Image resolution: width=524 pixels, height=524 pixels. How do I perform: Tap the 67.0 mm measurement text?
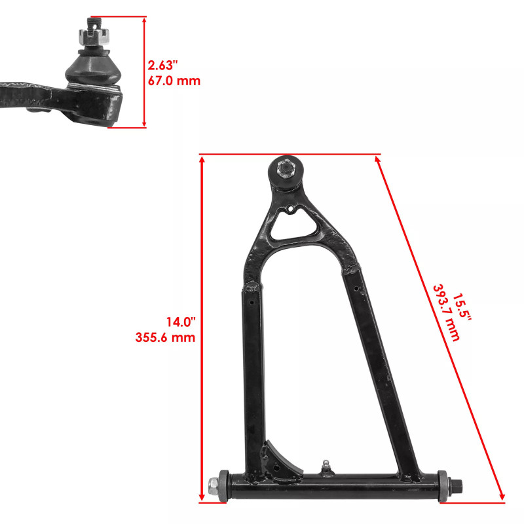tap(174, 81)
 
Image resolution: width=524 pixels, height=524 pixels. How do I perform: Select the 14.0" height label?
tap(181, 322)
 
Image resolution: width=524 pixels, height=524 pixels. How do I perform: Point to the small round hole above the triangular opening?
tap(289, 210)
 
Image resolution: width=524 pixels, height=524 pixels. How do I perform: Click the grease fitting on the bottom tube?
tap(325, 466)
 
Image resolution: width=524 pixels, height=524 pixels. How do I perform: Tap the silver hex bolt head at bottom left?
tap(213, 487)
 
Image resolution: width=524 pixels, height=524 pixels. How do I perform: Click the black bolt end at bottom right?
tap(458, 487)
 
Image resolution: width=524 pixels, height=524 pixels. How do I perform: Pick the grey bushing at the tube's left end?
tap(223, 487)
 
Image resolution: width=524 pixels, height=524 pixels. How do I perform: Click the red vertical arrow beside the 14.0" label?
tap(202, 327)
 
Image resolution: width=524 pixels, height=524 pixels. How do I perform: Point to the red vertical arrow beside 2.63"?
tap(145, 72)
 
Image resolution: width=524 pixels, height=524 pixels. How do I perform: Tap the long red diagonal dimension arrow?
tap(440, 327)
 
